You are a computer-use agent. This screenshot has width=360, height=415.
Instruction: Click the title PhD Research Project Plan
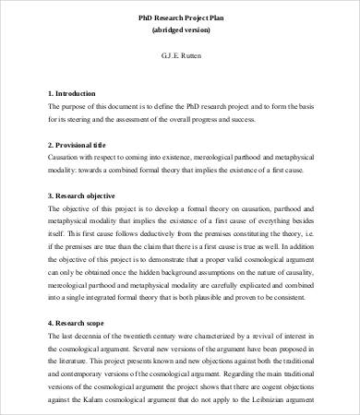click(x=180, y=18)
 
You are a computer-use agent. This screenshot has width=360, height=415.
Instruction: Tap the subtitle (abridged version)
click(x=180, y=31)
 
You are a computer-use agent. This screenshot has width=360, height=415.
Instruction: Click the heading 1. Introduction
click(x=77, y=94)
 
